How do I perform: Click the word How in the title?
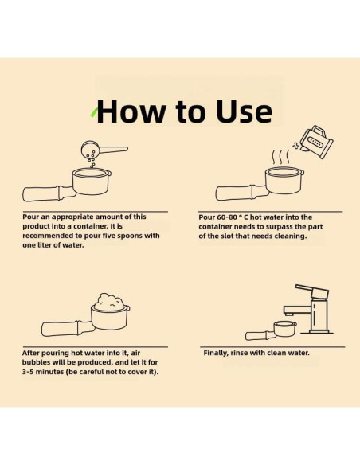pyautogui.click(x=131, y=111)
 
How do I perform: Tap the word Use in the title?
pyautogui.click(x=244, y=111)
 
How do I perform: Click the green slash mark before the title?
pyautogui.click(x=94, y=112)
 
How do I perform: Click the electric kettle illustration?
pyautogui.click(x=316, y=143)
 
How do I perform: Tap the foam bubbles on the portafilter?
pyautogui.click(x=109, y=302)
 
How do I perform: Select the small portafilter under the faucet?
pyautogui.click(x=271, y=330)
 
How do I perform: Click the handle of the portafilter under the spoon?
pyautogui.click(x=48, y=193)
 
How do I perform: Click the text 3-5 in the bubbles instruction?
pyautogui.click(x=28, y=372)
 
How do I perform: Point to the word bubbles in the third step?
pyautogui.click(x=37, y=362)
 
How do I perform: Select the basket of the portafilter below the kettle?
pyautogui.click(x=284, y=180)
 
